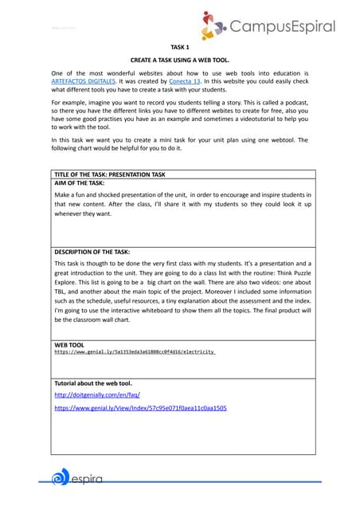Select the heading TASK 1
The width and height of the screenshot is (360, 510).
[x=180, y=48]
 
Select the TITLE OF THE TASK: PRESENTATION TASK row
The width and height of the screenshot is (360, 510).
[x=110, y=173]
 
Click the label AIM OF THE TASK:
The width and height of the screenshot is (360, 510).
[x=80, y=182]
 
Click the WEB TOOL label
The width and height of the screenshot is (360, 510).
[x=68, y=344]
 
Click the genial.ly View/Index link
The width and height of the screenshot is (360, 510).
[x=140, y=407]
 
